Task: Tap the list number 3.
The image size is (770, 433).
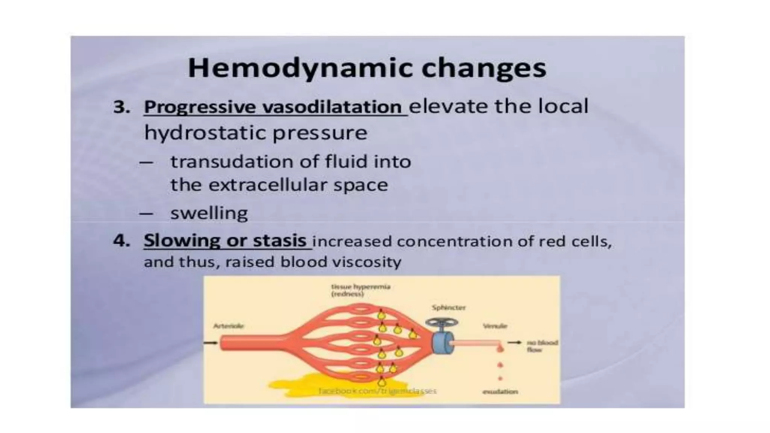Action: tap(121, 107)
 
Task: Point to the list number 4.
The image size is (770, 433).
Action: tap(121, 241)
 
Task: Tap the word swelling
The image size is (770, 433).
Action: tap(209, 213)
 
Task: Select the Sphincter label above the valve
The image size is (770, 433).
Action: tap(449, 307)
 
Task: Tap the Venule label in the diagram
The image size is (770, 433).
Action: tap(495, 326)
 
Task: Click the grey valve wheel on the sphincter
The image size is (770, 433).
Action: tap(441, 322)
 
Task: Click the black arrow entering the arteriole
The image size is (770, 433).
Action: tap(211, 342)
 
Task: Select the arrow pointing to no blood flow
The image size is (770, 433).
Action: tap(514, 342)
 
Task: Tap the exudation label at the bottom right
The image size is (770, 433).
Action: tap(500, 392)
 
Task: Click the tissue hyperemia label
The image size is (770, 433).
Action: tap(361, 290)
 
